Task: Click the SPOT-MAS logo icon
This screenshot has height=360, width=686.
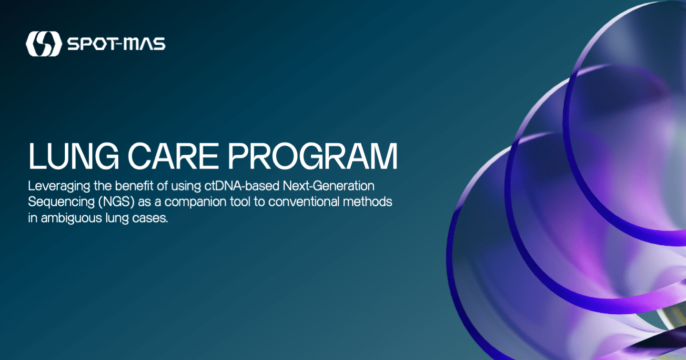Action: click(43, 44)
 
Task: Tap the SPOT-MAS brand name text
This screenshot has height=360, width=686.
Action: click(116, 44)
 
